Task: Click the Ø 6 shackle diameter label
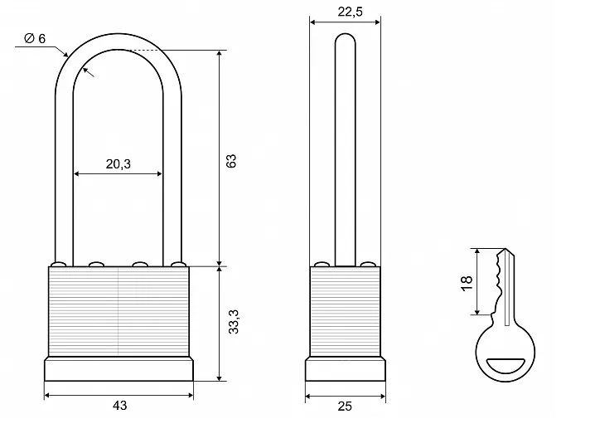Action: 35,38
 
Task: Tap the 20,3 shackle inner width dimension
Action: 118,163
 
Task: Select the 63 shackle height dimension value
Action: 231,161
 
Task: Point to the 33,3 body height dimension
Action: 234,322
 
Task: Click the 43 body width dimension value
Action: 119,406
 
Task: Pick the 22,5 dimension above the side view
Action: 350,12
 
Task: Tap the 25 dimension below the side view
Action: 345,407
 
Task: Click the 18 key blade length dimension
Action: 467,283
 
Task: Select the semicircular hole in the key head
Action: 506,366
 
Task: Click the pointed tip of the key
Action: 506,249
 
